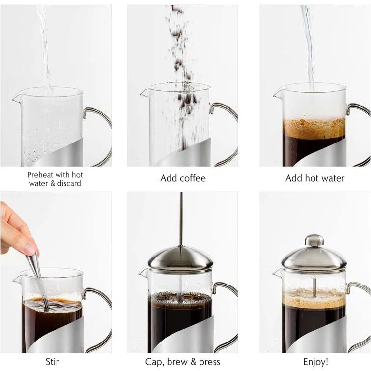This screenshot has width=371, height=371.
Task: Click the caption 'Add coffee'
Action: [182, 178]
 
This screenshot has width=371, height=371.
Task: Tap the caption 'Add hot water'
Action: [315, 178]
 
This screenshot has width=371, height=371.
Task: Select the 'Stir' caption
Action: [52, 362]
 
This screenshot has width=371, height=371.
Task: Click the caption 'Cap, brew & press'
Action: [182, 362]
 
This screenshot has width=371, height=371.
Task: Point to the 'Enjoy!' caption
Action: [315, 362]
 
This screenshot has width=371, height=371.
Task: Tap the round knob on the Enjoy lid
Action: [314, 240]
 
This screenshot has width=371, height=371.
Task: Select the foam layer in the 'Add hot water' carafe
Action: [314, 128]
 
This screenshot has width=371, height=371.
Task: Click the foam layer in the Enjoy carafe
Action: [314, 298]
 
